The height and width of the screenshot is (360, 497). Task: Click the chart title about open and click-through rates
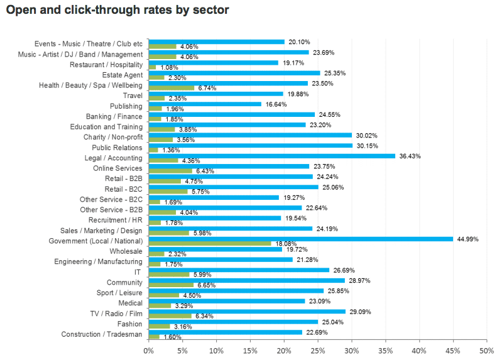[117, 10]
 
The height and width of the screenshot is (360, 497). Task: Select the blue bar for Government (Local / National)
[300, 239]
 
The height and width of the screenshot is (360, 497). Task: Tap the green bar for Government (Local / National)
[210, 244]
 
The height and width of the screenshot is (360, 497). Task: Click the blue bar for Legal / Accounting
[271, 156]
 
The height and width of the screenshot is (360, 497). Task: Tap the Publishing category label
[126, 106]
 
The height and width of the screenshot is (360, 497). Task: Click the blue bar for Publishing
[205, 104]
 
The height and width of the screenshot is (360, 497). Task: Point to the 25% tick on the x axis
[318, 350]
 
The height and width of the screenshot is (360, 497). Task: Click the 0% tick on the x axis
[149, 350]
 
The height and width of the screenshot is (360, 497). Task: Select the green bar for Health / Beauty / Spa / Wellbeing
[171, 88]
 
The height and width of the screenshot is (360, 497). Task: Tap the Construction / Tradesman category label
[102, 334]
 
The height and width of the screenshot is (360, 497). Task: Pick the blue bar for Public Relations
[250, 145]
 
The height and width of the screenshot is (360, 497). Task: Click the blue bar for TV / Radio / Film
[247, 312]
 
